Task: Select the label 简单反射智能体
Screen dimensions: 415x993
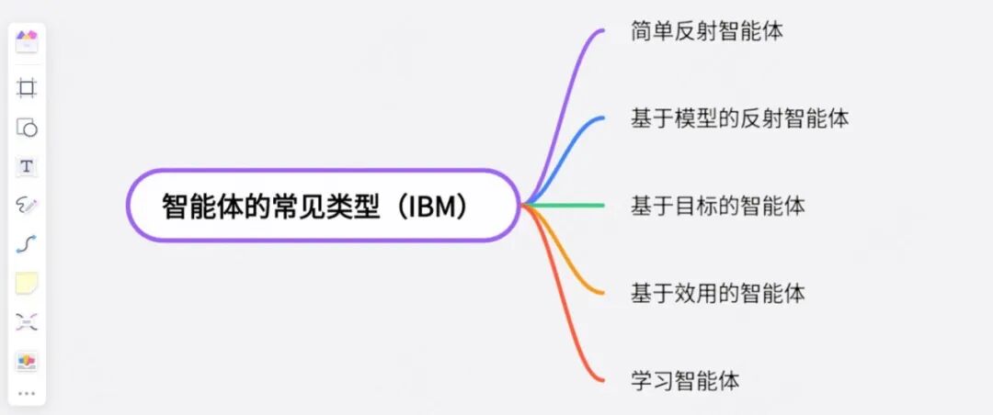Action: coord(706,32)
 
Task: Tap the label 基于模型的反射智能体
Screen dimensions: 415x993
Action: coord(739,118)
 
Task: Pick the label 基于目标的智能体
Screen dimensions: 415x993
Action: coord(717,206)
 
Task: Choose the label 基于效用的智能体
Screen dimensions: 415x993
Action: coord(717,293)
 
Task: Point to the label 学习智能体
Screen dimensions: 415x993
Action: coord(685,379)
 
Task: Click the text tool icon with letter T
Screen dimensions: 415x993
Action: coord(27,166)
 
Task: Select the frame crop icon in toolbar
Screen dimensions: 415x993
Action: coord(27,88)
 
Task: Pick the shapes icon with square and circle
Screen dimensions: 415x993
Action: coord(27,128)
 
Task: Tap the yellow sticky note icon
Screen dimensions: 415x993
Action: coord(27,284)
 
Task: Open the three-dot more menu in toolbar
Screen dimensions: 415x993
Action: coord(27,394)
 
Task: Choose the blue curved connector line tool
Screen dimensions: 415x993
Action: coord(27,244)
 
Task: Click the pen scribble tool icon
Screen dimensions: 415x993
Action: coord(27,206)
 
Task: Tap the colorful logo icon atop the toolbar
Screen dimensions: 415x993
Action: coord(27,40)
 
